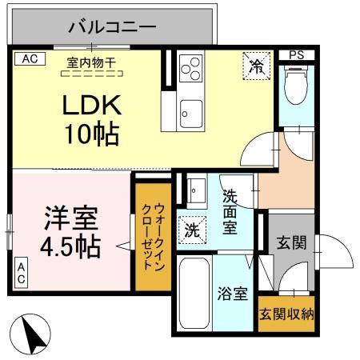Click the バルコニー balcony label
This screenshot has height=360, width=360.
pos(111,26)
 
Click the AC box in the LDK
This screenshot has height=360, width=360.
pos(29,58)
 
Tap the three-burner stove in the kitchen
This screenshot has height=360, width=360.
pos(191,70)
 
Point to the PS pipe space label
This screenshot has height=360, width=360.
pos(297,55)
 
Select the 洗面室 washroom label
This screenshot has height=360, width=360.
pos(230,211)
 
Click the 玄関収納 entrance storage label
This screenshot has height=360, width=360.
pos(286,313)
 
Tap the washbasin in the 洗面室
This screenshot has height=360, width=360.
pos(195,192)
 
